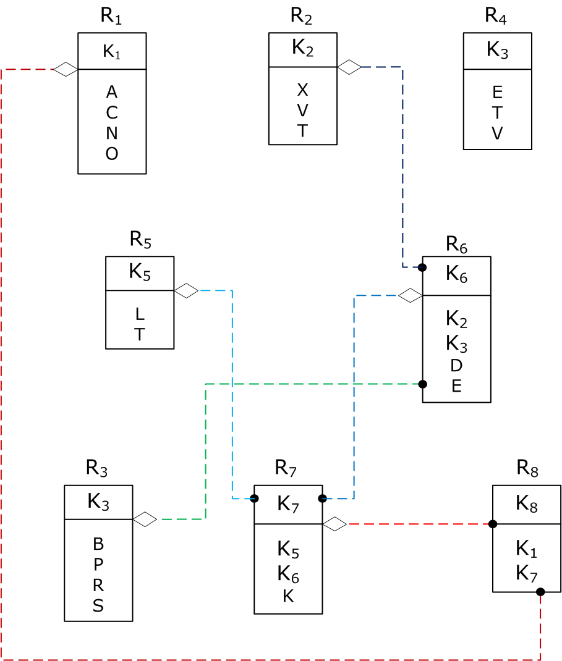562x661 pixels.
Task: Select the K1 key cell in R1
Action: (x=112, y=52)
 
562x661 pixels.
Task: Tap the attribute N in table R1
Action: (x=112, y=133)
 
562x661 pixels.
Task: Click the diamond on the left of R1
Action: (x=65, y=69)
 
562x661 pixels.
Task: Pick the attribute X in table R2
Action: (x=302, y=90)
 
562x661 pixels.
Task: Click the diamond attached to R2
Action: (x=349, y=67)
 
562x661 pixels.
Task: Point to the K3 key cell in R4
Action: (x=497, y=51)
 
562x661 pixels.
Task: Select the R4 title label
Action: (x=496, y=17)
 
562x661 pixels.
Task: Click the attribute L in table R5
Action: (x=140, y=314)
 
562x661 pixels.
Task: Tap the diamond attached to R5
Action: (x=186, y=290)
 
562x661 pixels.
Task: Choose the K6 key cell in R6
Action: (x=456, y=276)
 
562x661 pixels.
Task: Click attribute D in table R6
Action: (x=456, y=365)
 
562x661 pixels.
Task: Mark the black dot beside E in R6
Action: (x=423, y=384)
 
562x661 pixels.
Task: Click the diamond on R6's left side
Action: (x=410, y=296)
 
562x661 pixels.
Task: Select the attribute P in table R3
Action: (x=98, y=565)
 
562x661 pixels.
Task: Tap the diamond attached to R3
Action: (x=145, y=520)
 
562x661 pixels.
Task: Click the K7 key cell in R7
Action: (x=288, y=504)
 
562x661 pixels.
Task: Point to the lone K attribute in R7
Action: (x=288, y=596)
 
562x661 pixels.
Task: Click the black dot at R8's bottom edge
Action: (x=540, y=592)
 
